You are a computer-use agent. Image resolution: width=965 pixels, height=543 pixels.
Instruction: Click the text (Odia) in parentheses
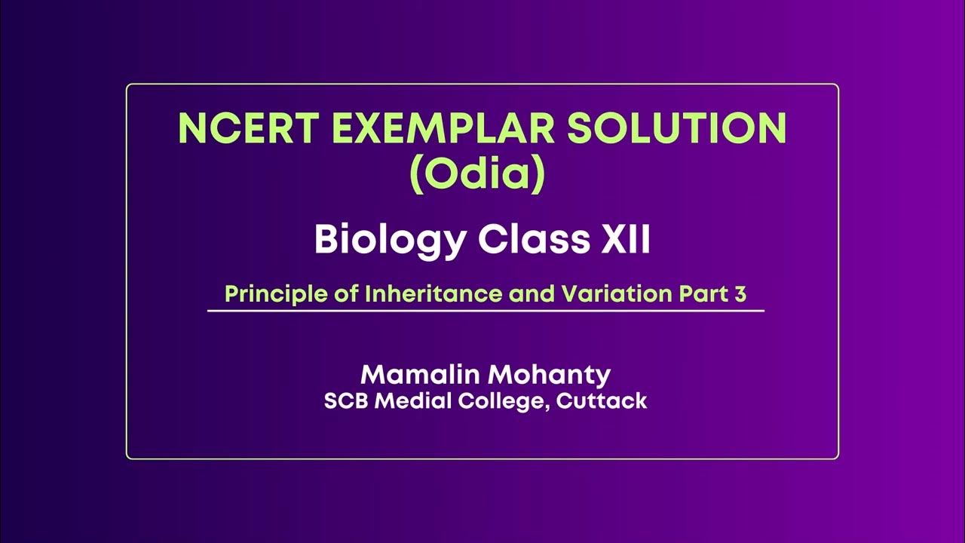tap(476, 174)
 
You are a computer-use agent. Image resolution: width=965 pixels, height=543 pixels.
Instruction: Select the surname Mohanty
tap(554, 375)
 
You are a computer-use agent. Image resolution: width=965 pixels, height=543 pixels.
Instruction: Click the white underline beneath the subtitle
tap(486, 311)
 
